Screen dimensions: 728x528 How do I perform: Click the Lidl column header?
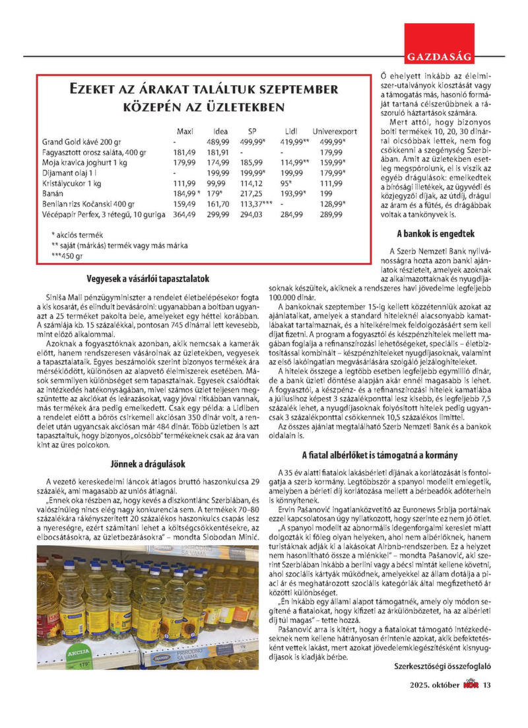coord(292,130)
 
